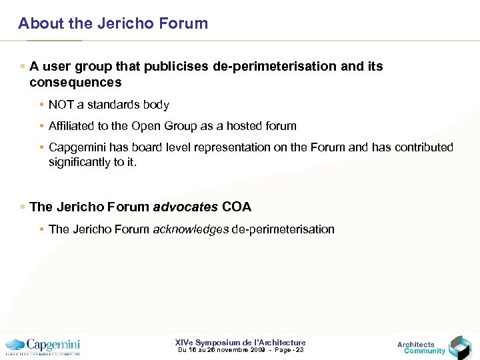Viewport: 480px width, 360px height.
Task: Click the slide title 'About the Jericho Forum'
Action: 113,23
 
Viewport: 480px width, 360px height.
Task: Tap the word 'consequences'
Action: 75,83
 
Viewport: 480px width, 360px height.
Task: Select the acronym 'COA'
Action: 237,207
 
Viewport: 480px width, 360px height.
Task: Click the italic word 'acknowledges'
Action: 190,229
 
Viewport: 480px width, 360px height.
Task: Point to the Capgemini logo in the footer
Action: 43,346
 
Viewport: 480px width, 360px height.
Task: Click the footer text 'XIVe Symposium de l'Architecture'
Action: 240,343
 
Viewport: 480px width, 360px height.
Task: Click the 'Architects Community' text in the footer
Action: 420,347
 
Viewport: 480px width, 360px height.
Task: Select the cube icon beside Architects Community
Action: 460,347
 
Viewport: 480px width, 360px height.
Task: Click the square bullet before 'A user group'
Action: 23,67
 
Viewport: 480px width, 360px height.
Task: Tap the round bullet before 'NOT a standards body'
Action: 41,105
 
